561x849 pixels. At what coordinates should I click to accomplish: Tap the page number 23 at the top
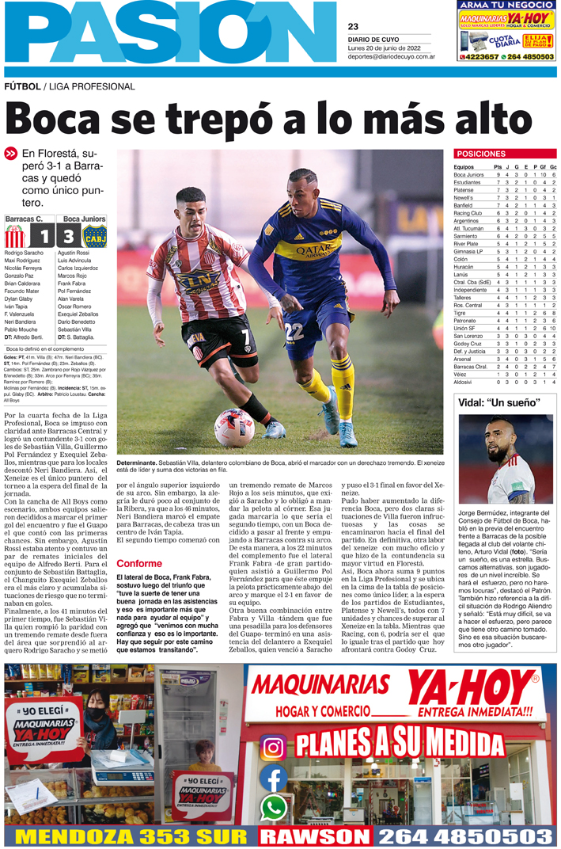click(x=353, y=26)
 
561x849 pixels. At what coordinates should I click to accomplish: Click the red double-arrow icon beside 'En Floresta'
click(x=11, y=154)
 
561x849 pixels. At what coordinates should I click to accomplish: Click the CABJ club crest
click(x=94, y=236)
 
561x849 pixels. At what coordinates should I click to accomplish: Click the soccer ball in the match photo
click(x=234, y=427)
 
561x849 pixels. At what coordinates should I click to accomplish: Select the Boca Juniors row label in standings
click(x=469, y=174)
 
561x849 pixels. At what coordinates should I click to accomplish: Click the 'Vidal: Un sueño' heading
click(x=498, y=402)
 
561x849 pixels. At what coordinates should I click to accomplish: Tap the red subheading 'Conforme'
click(x=138, y=542)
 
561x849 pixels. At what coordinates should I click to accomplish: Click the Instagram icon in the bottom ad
click(x=274, y=748)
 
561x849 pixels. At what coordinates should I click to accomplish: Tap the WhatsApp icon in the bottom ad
click(x=274, y=807)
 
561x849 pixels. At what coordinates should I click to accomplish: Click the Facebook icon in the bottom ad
click(x=274, y=779)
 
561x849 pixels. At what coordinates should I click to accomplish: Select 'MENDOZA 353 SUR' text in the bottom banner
click(x=131, y=836)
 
